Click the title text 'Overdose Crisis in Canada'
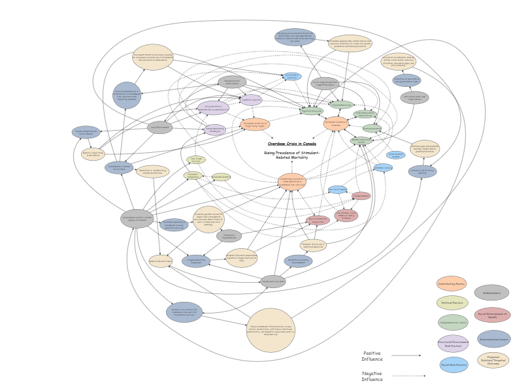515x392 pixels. (291, 143)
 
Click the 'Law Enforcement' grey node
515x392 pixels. (159, 127)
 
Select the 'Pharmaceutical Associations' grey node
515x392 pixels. (232, 82)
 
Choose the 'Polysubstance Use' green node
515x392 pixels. (341, 105)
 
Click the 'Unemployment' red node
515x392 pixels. (361, 195)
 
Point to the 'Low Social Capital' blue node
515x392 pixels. (337, 189)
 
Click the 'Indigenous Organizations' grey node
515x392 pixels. (229, 236)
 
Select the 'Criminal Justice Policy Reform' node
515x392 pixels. (423, 172)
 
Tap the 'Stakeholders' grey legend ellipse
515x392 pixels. (491, 293)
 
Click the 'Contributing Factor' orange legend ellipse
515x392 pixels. (452, 284)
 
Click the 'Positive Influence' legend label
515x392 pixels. (372, 356)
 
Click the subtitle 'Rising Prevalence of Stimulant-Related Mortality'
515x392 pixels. (291, 155)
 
